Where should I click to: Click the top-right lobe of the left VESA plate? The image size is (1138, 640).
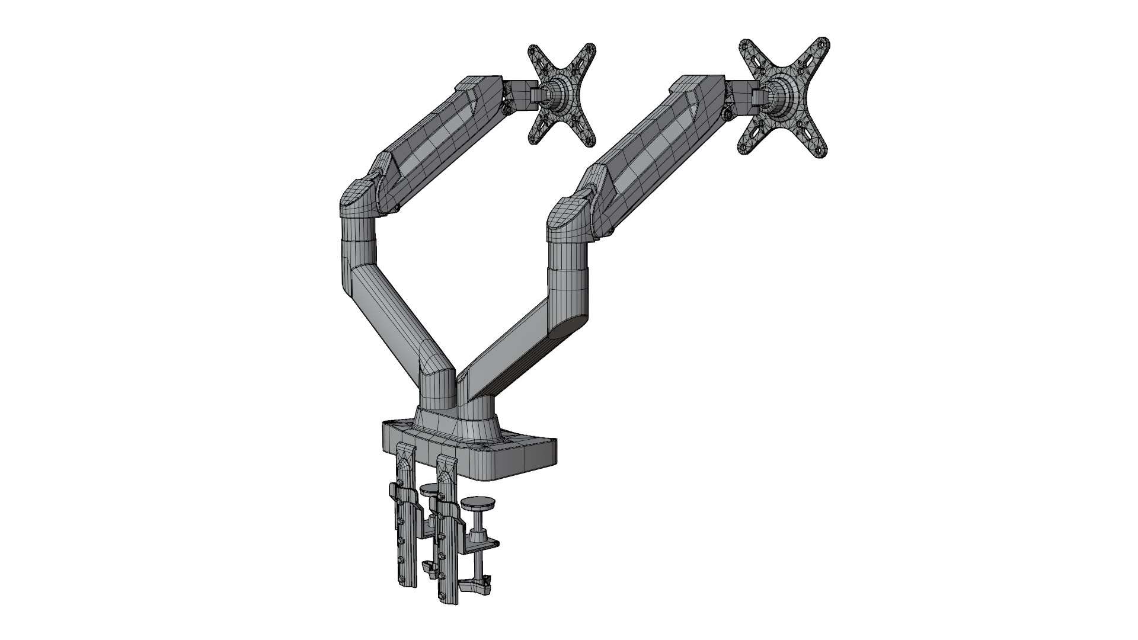pos(587,53)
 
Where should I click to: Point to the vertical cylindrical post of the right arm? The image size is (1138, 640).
pos(568,279)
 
